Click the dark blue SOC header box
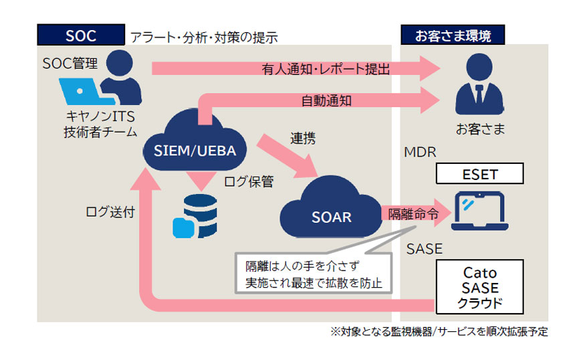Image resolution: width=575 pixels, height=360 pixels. click(x=81, y=35)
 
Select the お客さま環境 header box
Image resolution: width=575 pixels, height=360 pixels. click(x=453, y=35)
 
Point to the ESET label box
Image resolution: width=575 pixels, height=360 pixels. click(x=479, y=175)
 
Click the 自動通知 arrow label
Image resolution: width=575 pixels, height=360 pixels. click(x=326, y=101)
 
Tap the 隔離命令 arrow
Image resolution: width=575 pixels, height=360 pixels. click(x=411, y=215)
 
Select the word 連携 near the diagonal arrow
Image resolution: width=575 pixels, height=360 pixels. click(x=303, y=139)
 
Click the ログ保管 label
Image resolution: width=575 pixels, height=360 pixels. click(x=247, y=181)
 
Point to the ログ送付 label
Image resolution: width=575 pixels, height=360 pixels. click(x=110, y=213)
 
